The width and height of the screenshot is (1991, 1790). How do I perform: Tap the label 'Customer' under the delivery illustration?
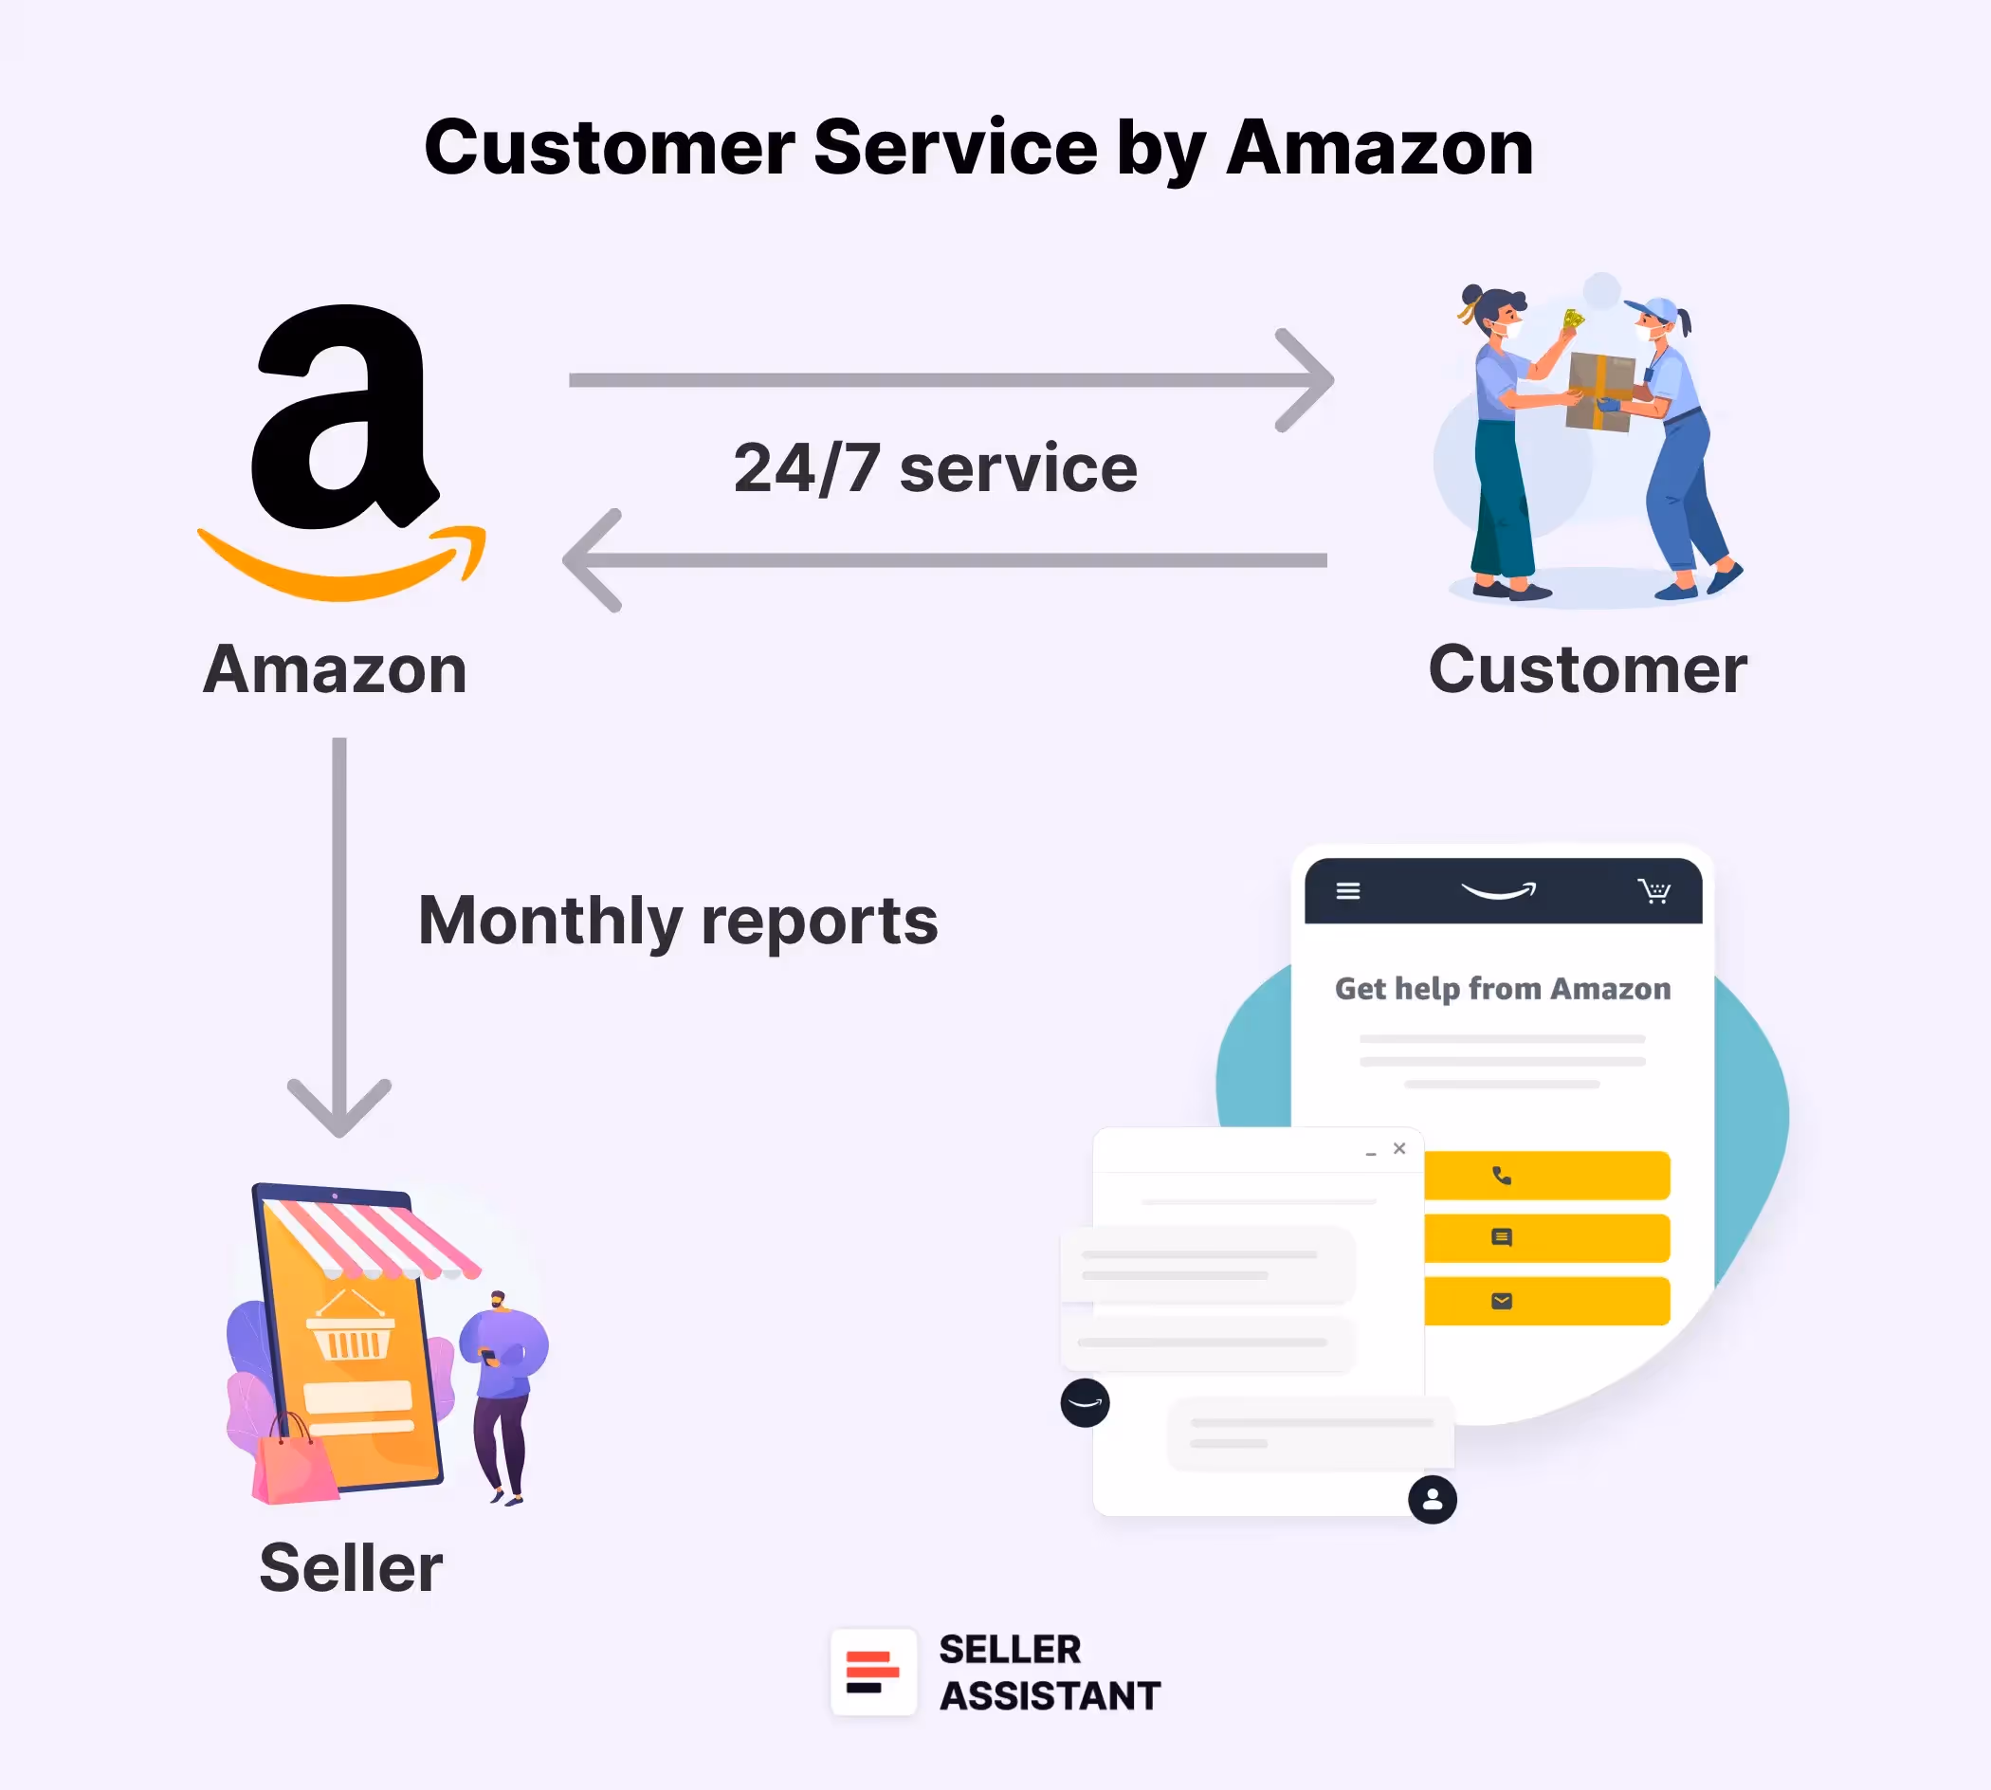1587,670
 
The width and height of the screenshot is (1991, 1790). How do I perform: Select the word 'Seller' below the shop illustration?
351,1568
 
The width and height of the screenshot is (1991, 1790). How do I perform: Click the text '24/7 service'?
935,468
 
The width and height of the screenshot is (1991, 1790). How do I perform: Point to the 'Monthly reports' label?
678,922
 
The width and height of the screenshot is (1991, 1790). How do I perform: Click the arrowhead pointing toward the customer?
1307,380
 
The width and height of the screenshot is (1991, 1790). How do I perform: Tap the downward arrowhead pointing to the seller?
339,1109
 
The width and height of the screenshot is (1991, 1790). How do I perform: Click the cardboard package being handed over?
1599,392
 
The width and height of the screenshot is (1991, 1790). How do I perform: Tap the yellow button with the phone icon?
1546,1177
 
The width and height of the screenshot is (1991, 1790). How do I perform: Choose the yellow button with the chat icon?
1546,1238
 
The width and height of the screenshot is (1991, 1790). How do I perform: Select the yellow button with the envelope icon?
1546,1301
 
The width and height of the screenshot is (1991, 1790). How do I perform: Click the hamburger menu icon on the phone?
1347,891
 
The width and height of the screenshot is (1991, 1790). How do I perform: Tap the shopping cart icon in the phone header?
1654,891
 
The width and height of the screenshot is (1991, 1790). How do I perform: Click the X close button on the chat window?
1399,1149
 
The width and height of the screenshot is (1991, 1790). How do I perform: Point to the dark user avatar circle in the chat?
1433,1500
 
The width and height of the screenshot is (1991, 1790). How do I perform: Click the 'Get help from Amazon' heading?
1502,989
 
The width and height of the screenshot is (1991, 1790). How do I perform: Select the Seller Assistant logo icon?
873,1673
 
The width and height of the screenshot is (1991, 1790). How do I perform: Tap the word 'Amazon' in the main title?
1379,149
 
